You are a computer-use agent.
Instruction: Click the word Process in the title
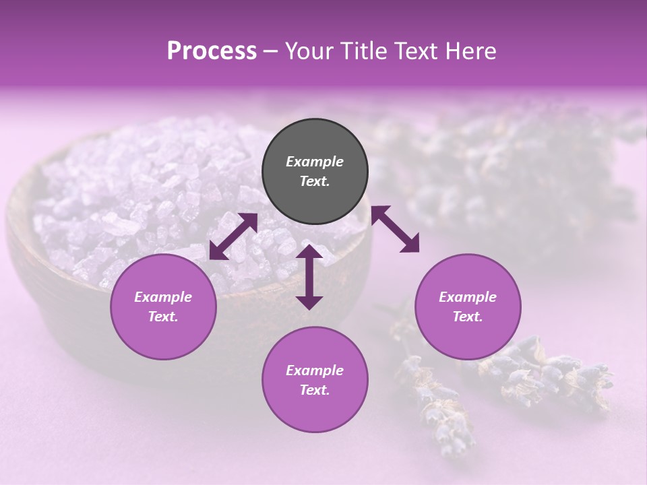point(212,51)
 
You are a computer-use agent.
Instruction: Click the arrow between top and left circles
point(233,236)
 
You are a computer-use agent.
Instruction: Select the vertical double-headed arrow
point(309,277)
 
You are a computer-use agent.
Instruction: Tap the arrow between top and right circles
point(395,230)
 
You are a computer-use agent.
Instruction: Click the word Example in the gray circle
point(315,162)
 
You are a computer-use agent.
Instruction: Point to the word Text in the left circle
point(162,317)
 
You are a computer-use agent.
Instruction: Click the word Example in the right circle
point(468,297)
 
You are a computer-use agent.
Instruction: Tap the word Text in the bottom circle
point(314,390)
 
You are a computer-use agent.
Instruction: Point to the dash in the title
point(270,52)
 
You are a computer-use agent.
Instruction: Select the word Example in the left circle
point(163,297)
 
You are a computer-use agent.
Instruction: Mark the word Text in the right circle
point(467,317)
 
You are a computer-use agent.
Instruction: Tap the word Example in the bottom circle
point(315,370)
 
